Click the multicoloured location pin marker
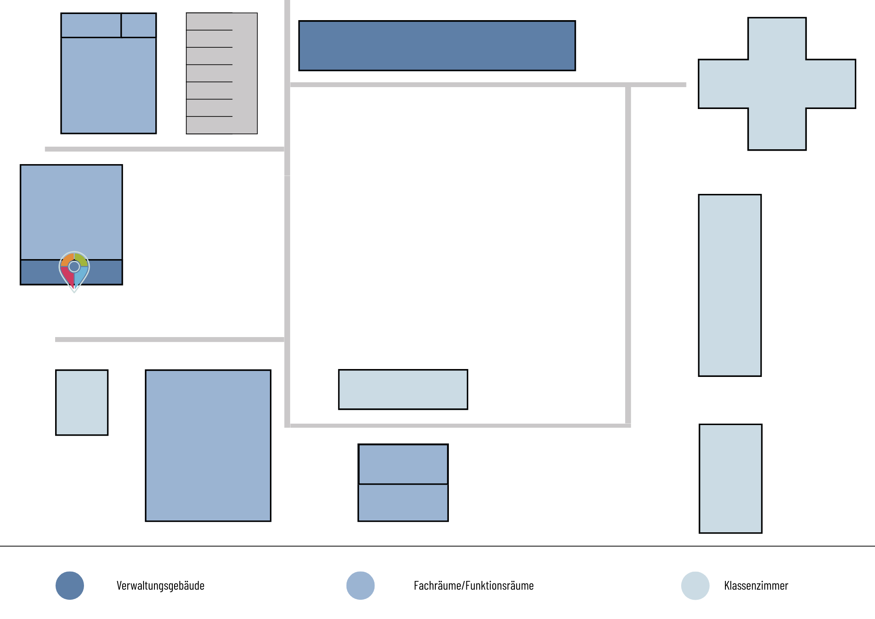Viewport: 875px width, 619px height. tap(74, 271)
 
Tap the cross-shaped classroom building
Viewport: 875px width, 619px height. tap(777, 84)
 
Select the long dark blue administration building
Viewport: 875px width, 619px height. tap(437, 46)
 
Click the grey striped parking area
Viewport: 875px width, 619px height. tap(222, 73)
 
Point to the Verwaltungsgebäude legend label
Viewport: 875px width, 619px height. tap(161, 586)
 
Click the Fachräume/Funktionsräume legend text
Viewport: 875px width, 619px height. tap(474, 586)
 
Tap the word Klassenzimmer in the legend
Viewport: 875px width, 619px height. tap(756, 586)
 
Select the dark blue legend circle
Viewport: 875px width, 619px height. tap(70, 586)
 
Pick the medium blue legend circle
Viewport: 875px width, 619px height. tap(360, 586)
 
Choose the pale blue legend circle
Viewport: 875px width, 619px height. tap(695, 586)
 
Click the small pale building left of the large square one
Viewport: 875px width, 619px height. tap(82, 402)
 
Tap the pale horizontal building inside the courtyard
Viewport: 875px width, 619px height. tap(403, 390)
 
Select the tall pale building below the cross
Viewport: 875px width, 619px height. tap(730, 285)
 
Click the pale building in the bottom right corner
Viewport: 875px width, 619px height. tap(731, 478)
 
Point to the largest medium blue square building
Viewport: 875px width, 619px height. tap(208, 446)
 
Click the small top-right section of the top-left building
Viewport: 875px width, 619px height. tap(139, 25)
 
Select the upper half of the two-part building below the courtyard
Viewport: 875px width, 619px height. tap(403, 464)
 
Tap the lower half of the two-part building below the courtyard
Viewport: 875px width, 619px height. tap(403, 503)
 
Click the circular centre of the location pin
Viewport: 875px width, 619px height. tap(74, 266)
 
